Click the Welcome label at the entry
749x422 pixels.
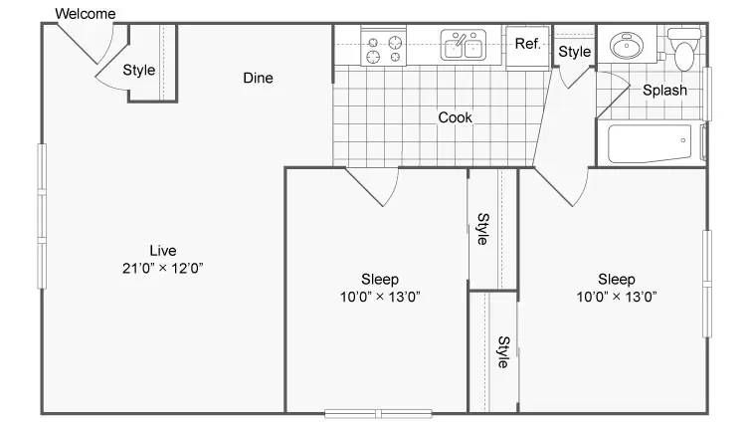(x=85, y=13)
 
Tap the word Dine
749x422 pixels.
(x=258, y=78)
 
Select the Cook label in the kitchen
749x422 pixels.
(x=455, y=117)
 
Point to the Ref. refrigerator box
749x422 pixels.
(x=528, y=48)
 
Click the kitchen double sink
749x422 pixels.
(x=463, y=45)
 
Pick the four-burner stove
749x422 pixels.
(x=384, y=48)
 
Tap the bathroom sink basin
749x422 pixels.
(x=627, y=46)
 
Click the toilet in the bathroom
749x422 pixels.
(x=684, y=49)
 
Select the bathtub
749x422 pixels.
(x=650, y=143)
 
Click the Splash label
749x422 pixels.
(x=664, y=91)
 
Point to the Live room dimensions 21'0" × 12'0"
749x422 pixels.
(x=162, y=268)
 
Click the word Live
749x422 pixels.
(x=163, y=251)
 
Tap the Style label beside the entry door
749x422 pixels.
(x=139, y=71)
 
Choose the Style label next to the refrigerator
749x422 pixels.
(x=575, y=52)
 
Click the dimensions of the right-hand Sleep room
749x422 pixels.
(x=616, y=297)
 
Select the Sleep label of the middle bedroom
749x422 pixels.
(x=380, y=279)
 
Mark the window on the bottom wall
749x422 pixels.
(x=378, y=413)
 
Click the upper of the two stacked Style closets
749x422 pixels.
(x=493, y=229)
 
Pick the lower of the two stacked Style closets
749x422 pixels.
(x=493, y=352)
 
